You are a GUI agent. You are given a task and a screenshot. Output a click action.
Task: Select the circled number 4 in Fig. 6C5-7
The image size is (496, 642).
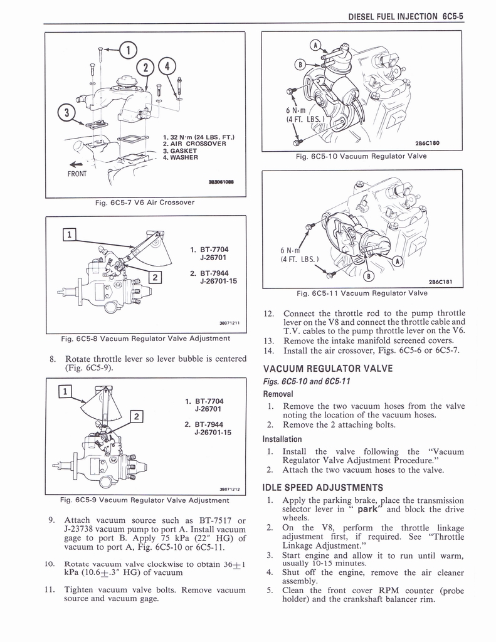tap(167, 65)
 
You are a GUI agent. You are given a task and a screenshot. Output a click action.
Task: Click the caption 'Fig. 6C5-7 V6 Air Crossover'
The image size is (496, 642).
tap(145, 202)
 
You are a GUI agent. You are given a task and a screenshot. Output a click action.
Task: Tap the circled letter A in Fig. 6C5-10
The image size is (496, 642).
tap(315, 45)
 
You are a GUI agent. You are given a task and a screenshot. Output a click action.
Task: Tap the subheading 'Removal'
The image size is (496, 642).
tap(278, 394)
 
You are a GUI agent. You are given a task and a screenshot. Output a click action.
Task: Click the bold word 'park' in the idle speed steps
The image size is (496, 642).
tap(370, 509)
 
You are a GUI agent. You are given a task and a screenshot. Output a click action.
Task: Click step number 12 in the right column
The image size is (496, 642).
tap(270, 313)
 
